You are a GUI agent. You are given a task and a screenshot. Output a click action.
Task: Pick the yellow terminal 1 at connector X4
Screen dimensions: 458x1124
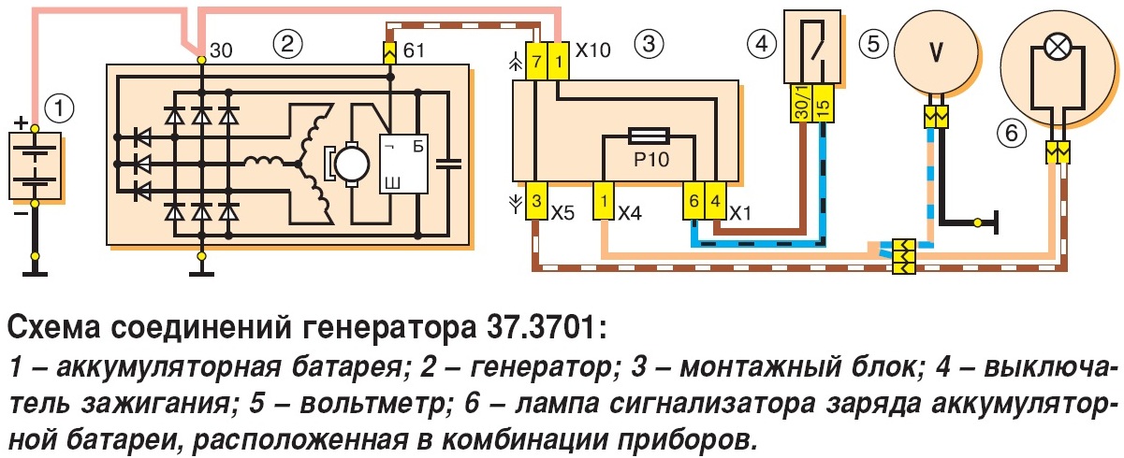(604, 200)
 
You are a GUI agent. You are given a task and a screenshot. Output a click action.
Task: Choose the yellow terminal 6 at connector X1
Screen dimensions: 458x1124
(693, 200)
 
